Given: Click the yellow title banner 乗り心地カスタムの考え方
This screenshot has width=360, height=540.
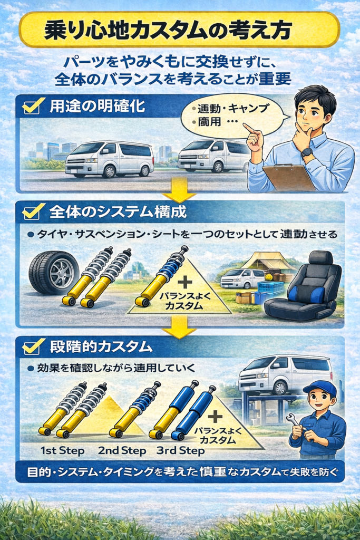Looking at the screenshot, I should pyautogui.click(x=179, y=30).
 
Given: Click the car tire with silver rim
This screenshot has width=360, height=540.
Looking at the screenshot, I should pyautogui.click(x=54, y=272).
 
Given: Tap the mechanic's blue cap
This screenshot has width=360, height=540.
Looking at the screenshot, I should pyautogui.click(x=319, y=388).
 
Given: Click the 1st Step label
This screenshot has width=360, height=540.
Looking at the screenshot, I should pyautogui.click(x=62, y=451).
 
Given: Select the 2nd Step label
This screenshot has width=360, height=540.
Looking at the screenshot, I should pyautogui.click(x=121, y=451).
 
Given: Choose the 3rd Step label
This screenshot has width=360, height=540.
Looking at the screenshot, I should pyautogui.click(x=180, y=451).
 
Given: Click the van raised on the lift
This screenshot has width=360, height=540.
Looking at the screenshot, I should pyautogui.click(x=285, y=373).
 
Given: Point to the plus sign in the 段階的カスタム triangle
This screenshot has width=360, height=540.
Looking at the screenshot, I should pyautogui.click(x=216, y=416).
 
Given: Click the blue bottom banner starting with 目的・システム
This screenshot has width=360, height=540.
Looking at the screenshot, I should pyautogui.click(x=179, y=471).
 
